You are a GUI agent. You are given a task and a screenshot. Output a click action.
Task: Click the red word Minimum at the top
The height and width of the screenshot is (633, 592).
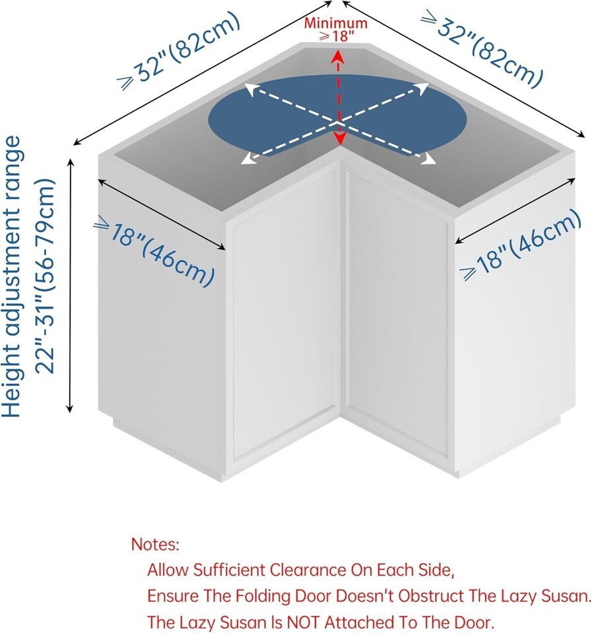point(335,24)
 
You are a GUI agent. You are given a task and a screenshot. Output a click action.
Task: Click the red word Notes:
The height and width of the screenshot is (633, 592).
point(155,545)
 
